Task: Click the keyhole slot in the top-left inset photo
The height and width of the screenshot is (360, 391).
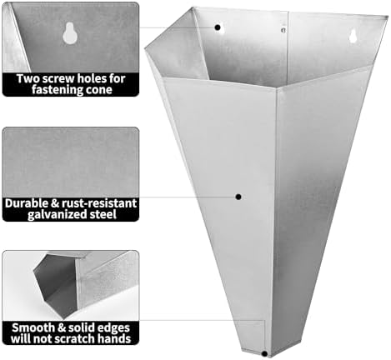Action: (x=70, y=33)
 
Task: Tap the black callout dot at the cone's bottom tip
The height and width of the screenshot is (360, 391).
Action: (x=265, y=354)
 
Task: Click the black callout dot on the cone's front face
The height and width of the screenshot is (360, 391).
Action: (x=238, y=197)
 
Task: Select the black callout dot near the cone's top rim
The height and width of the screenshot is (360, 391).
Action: (x=218, y=27)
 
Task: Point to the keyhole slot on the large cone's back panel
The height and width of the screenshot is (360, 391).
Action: (x=353, y=36)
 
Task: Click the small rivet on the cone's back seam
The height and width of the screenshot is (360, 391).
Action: (x=283, y=29)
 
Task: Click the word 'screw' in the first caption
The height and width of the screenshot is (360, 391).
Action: (x=54, y=79)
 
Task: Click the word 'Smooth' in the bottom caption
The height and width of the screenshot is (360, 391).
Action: (x=33, y=327)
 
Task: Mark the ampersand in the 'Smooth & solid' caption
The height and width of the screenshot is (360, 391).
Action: (x=62, y=328)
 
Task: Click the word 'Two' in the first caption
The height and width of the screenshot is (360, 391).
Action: (x=27, y=79)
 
